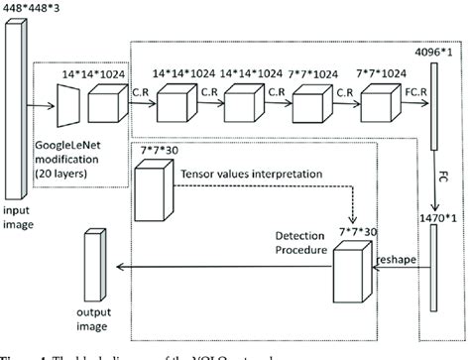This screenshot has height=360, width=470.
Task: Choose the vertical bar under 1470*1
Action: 435,269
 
